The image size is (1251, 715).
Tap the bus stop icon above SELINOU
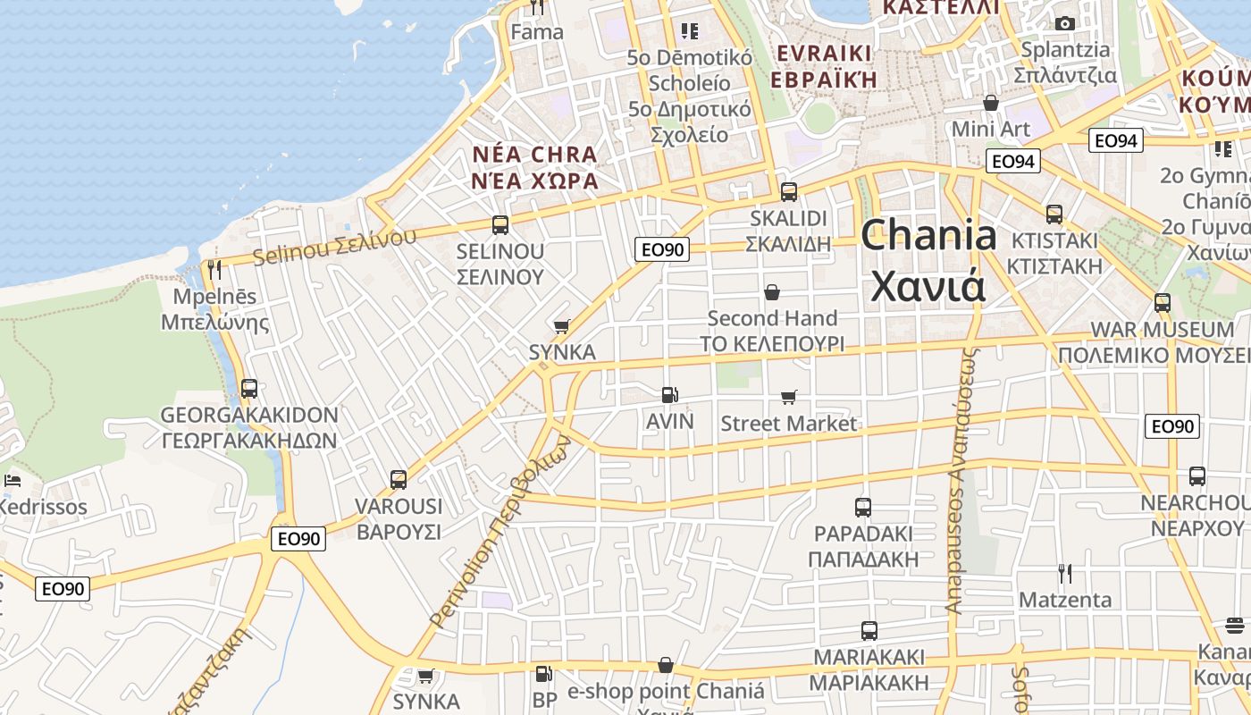[500, 225]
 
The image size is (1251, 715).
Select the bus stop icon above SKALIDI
[789, 191]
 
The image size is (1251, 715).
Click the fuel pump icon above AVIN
[668, 394]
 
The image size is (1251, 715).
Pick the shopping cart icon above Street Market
[788, 397]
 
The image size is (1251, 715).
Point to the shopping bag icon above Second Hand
[772, 292]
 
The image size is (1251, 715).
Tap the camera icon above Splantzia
[1064, 23]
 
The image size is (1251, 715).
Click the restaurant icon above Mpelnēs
[214, 269]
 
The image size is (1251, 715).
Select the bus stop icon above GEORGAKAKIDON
[249, 389]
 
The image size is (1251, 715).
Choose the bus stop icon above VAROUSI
[399, 480]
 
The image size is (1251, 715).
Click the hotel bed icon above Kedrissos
[13, 481]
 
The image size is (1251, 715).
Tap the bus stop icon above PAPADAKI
[863, 508]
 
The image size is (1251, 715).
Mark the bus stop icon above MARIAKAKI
[869, 631]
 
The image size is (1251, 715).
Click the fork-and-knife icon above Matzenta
[1064, 573]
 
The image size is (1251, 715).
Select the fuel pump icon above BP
[543, 674]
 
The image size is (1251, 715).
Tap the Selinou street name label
[334, 247]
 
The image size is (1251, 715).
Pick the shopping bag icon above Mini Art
[990, 103]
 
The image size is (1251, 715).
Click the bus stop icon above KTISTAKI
[1054, 214]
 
